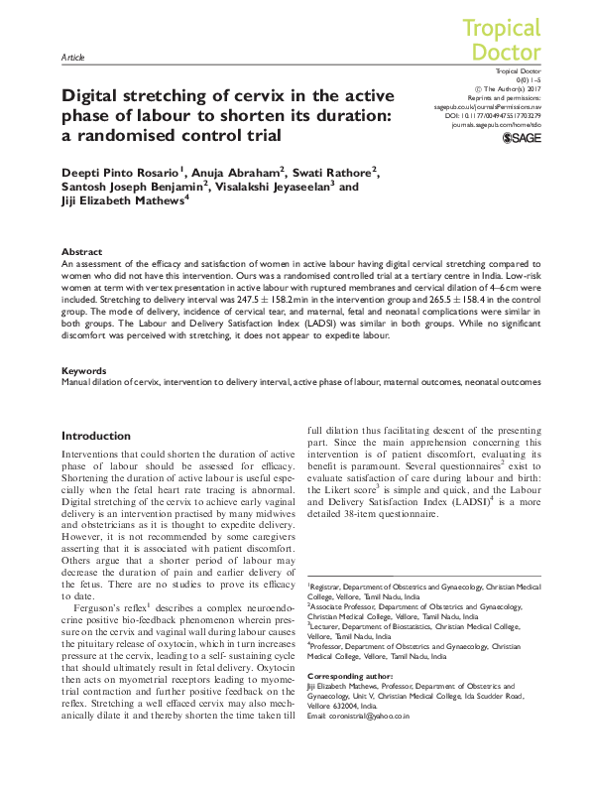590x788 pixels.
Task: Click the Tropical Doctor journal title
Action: [502, 40]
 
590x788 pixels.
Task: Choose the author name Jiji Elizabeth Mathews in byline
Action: [122, 199]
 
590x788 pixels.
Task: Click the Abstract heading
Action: [81, 252]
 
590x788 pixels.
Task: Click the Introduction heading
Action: [95, 436]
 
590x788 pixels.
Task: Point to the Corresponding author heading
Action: [354, 645]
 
